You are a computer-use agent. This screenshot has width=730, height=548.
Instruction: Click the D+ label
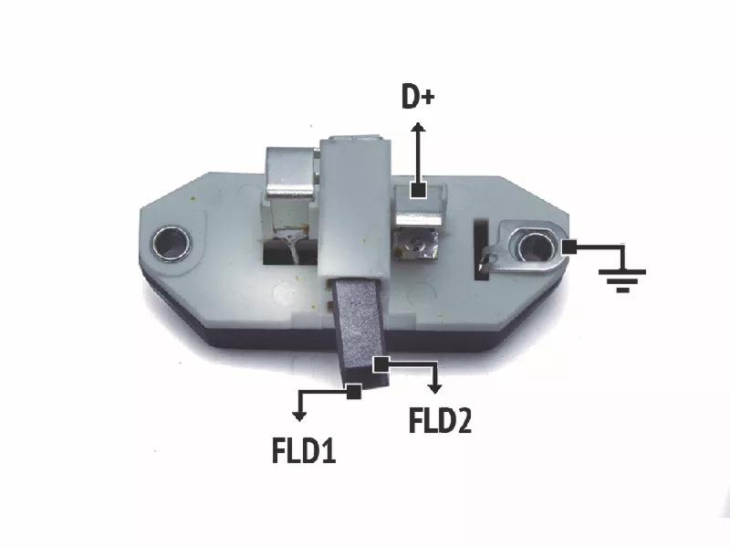coord(418,97)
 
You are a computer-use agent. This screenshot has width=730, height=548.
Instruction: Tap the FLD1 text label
coord(304,450)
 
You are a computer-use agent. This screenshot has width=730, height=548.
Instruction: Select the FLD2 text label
coord(440,420)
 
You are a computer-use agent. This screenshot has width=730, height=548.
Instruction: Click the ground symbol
coord(622,280)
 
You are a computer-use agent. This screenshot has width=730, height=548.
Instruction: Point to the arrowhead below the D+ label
coord(418,127)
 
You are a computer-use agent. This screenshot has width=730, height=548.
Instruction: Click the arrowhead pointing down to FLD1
coord(299,416)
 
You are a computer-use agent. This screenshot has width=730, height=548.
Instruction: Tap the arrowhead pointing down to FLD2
coord(435,388)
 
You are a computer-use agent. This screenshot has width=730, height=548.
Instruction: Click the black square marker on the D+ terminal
coord(418,190)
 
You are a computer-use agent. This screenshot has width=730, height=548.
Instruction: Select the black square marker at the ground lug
coord(568,247)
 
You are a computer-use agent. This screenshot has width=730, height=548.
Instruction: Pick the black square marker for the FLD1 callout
coord(354,392)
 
